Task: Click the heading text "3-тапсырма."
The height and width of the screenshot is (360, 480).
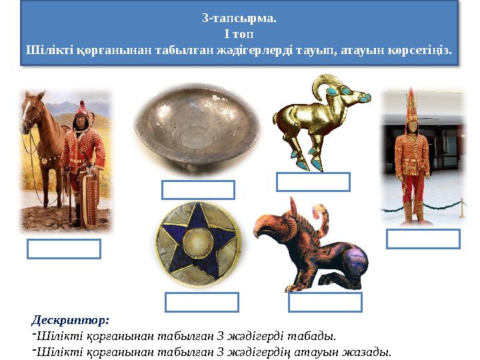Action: point(239,19)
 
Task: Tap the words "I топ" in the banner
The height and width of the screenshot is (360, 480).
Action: point(239,34)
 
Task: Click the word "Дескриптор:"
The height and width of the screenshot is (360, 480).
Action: point(70,321)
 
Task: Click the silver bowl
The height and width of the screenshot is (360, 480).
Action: point(197,128)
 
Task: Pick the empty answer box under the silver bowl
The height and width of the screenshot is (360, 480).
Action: point(198,190)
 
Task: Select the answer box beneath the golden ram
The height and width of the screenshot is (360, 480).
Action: point(313,182)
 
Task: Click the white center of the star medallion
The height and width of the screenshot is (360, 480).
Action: point(198,243)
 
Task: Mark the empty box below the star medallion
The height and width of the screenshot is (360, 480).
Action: point(202,303)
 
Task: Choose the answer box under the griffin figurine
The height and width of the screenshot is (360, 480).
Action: point(325,303)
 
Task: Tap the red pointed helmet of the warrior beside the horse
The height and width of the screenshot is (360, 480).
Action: point(82,109)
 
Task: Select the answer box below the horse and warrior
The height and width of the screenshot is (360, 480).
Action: point(64,249)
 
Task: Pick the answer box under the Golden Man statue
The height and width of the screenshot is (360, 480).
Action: point(423,239)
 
